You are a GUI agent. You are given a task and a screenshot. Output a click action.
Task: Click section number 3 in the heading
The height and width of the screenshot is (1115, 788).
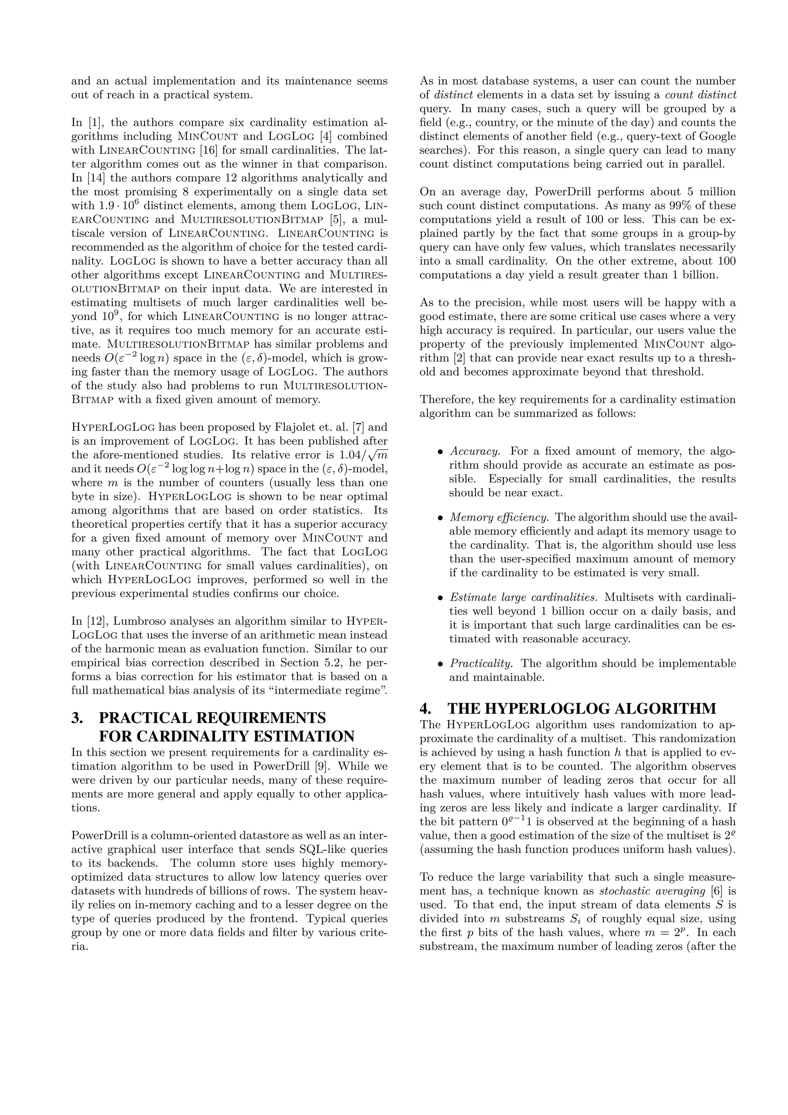(77, 718)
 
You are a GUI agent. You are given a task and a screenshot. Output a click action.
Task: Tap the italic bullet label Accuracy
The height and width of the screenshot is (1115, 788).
(474, 451)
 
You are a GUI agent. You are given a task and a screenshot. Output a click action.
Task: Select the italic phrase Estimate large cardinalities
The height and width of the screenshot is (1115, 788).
(523, 597)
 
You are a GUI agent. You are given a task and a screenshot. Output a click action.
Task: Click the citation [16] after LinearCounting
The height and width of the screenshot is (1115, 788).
(210, 150)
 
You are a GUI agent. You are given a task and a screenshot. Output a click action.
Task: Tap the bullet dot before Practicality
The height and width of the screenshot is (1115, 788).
(441, 664)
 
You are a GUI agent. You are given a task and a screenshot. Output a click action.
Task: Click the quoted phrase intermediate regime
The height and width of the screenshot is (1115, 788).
(327, 690)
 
